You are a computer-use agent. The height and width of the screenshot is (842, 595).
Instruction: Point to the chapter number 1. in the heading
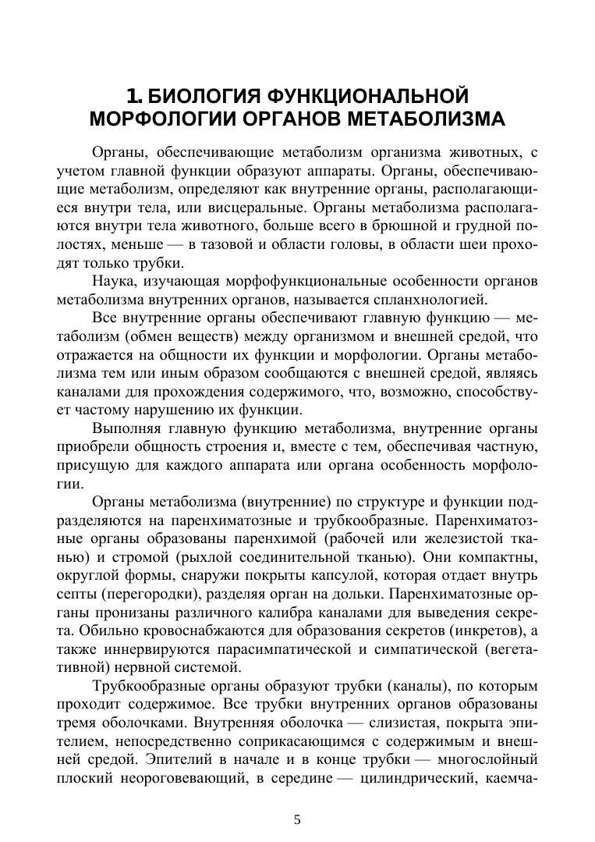135,98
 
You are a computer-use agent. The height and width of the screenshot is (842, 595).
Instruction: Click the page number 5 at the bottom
297,819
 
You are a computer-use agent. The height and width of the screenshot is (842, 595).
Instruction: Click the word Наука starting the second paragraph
114,281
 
